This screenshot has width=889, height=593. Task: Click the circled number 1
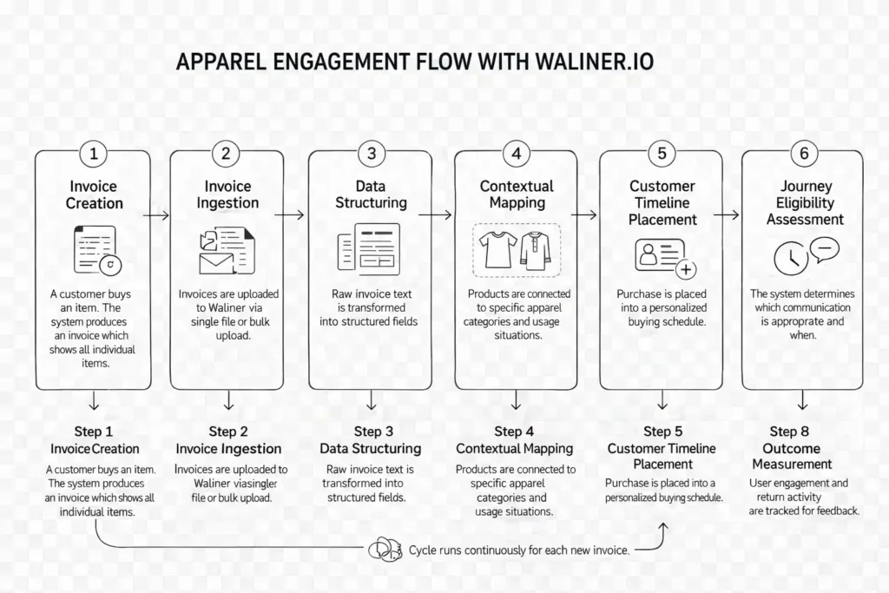pos(94,155)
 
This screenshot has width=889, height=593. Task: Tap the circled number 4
pos(517,155)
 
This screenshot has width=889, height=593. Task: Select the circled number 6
pos(804,155)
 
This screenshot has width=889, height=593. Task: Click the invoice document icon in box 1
pos(93,248)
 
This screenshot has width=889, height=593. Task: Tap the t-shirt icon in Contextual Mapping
pos(499,248)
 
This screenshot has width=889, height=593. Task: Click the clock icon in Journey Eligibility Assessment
pos(789,258)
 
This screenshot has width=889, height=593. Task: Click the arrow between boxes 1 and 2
pos(157,214)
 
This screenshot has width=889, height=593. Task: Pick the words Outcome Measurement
pos(791,457)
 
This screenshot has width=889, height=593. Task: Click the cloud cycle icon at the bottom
pos(382,549)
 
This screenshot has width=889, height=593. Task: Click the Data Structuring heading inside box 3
pos(371,194)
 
